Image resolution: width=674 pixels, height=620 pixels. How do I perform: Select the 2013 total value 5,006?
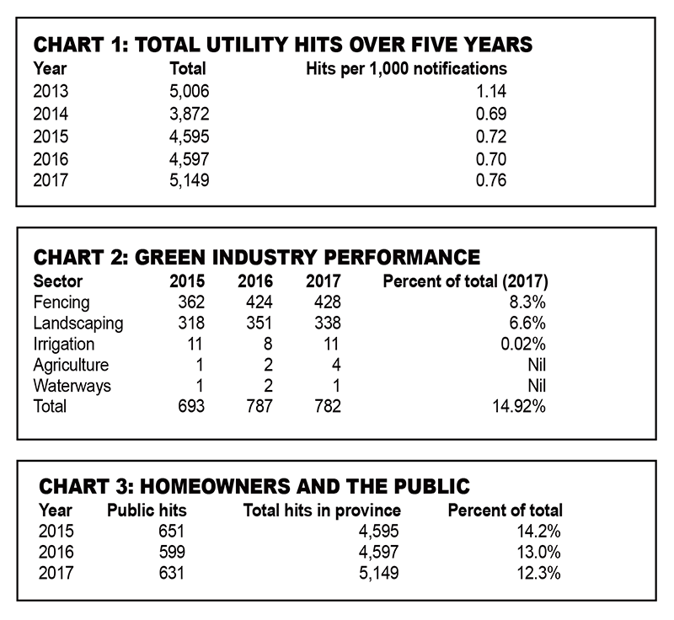click(x=189, y=91)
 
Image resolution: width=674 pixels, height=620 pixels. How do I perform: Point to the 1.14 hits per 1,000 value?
click(x=490, y=91)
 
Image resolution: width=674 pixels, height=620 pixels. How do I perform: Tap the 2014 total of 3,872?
click(x=189, y=113)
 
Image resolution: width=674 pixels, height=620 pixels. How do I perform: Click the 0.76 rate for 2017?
click(x=490, y=179)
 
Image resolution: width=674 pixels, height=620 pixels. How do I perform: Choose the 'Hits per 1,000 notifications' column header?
click(x=405, y=69)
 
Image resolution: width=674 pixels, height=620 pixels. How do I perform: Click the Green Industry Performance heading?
click(x=256, y=256)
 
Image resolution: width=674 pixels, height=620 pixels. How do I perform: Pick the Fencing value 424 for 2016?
click(x=252, y=302)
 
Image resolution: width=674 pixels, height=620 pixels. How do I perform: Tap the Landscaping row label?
click(x=78, y=323)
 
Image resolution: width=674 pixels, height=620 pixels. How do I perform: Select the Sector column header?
click(x=57, y=281)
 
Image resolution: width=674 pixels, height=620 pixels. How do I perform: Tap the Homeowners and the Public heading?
click(x=254, y=487)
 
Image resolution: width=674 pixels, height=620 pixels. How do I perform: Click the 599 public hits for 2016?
click(x=169, y=553)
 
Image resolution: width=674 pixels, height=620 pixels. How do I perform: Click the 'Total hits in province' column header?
click(x=322, y=510)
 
